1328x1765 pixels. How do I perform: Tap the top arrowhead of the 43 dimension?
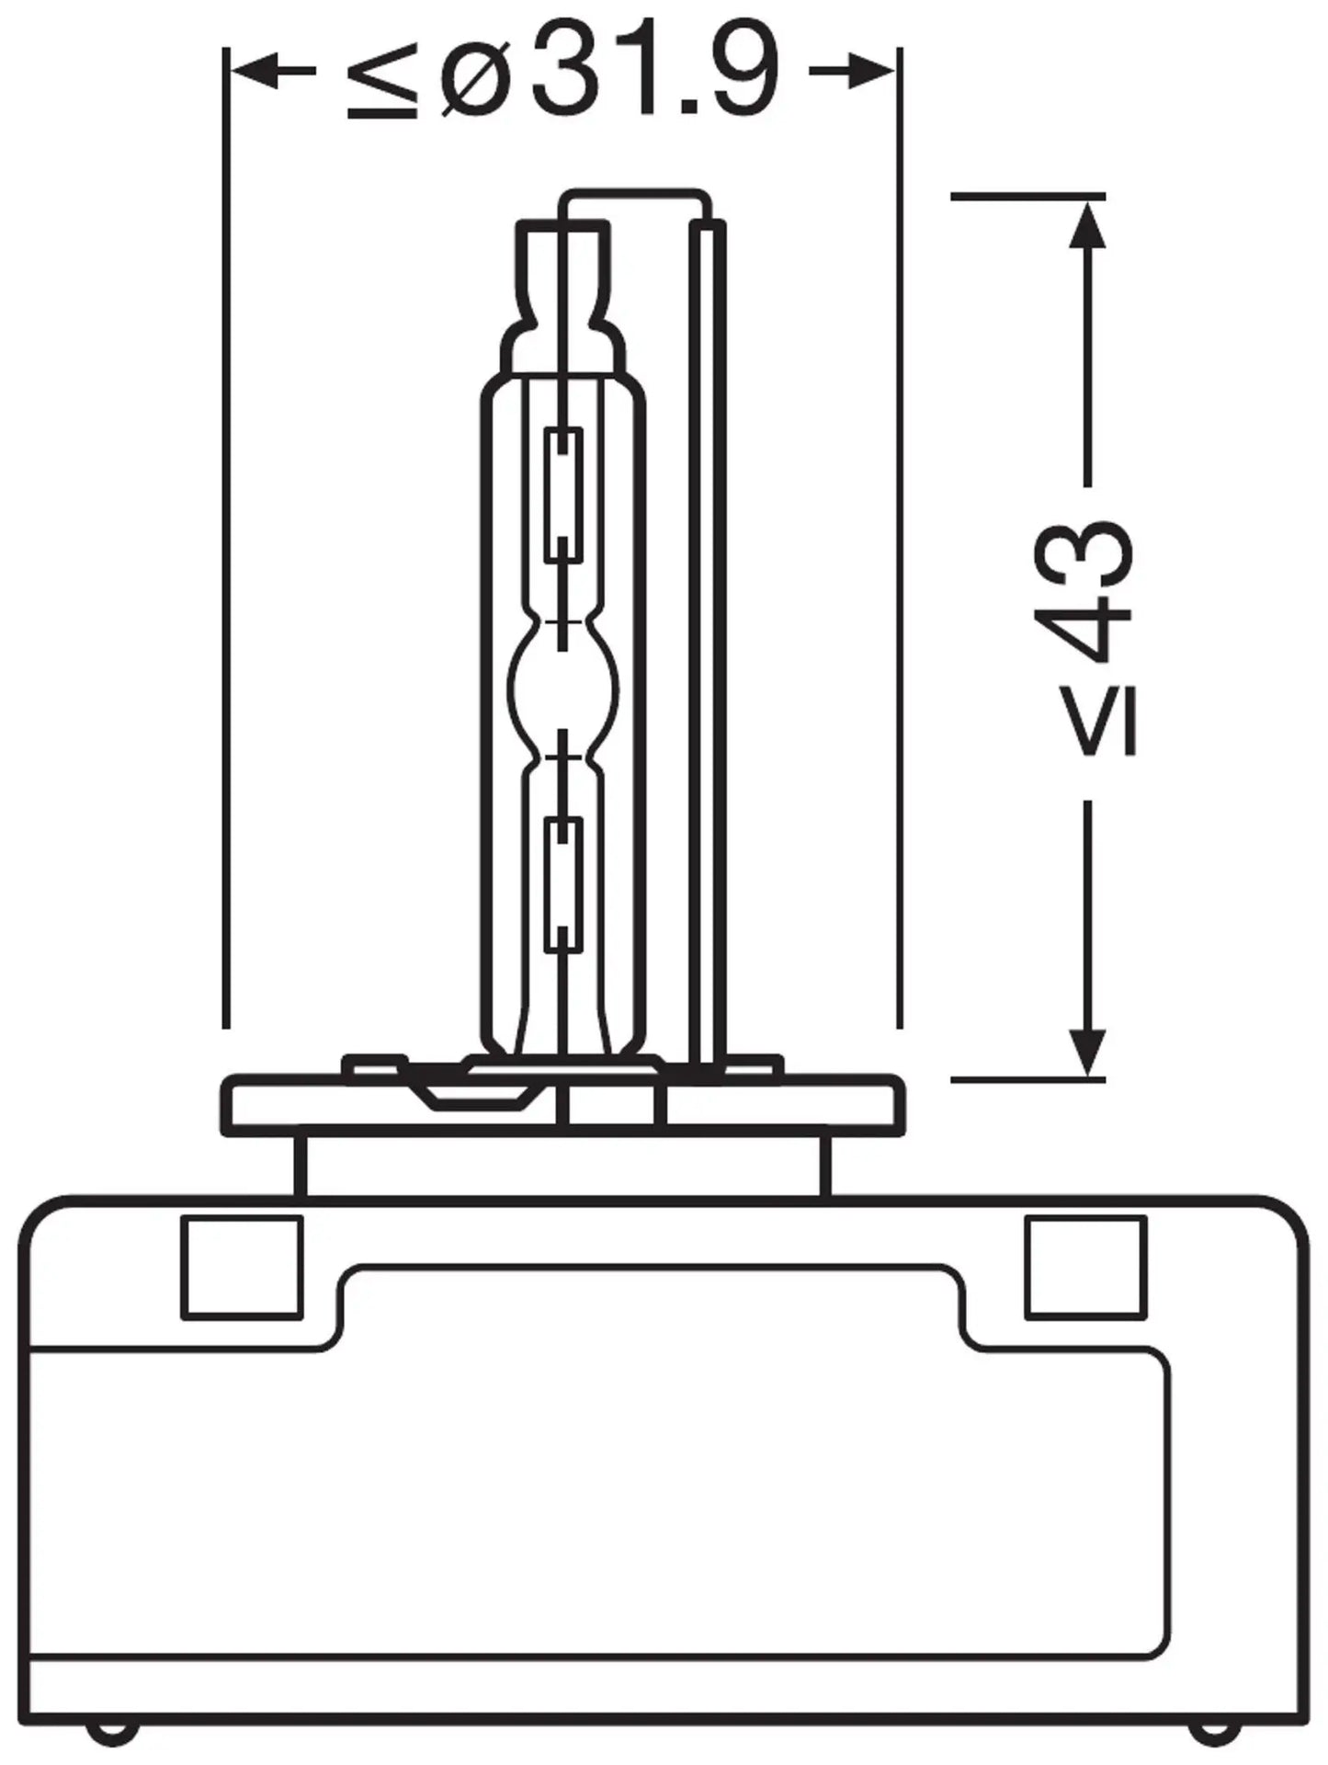[x=1087, y=225]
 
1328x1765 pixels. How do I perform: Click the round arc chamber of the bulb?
[x=563, y=689]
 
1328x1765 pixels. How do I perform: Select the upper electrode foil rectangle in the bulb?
[x=563, y=495]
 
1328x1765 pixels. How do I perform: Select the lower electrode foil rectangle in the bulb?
[x=563, y=885]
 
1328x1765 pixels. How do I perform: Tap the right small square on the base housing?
[x=1085, y=1267]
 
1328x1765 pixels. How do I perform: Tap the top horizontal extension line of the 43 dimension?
[x=1028, y=196]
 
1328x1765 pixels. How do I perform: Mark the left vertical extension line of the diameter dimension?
[x=225, y=538]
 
